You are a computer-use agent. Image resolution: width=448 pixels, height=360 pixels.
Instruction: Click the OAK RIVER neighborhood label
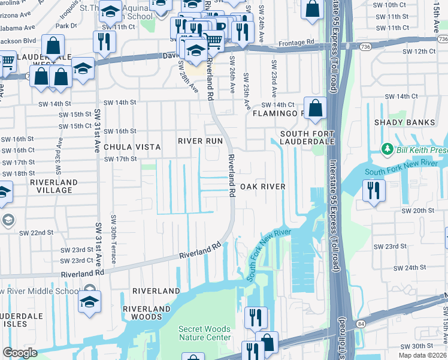(263, 187)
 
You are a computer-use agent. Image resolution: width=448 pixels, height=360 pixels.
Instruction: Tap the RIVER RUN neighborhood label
(200, 141)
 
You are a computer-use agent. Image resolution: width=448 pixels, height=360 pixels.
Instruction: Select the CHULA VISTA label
(132, 146)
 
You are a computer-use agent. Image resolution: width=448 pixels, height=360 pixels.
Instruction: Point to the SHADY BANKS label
(413, 122)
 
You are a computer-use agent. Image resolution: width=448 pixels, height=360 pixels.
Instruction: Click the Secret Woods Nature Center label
(204, 333)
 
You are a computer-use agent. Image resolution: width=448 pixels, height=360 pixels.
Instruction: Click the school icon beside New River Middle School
(89, 301)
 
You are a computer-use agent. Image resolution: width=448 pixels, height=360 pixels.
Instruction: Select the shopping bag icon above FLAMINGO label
(315, 109)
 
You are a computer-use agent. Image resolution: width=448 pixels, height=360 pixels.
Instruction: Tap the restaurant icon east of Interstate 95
(374, 191)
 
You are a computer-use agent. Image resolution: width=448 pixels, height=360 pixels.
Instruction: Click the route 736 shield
(366, 46)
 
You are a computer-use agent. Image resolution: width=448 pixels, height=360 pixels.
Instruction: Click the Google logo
(20, 353)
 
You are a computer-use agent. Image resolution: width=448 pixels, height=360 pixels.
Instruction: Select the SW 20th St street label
(417, 211)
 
